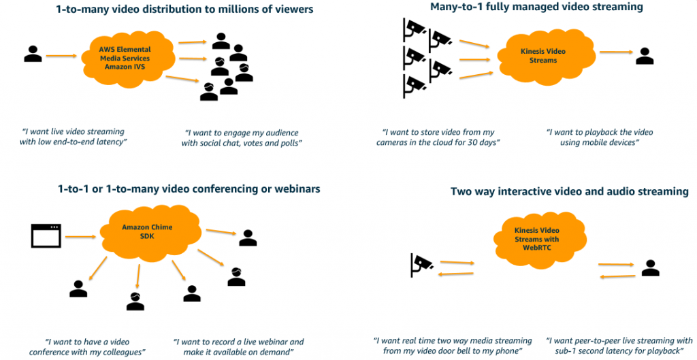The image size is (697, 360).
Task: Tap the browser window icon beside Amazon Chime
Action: [46, 235]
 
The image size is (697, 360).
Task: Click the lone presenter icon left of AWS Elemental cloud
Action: [33, 54]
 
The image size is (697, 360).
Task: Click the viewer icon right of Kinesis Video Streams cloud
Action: [644, 56]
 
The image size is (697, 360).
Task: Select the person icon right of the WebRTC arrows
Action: [651, 268]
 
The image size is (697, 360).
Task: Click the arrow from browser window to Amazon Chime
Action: [80, 237]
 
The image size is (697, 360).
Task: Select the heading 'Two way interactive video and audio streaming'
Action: [569, 192]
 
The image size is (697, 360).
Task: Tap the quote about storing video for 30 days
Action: [438, 137]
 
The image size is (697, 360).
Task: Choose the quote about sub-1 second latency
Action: [619, 345]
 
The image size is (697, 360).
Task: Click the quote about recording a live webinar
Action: [238, 346]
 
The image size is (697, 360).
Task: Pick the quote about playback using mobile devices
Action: [599, 137]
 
